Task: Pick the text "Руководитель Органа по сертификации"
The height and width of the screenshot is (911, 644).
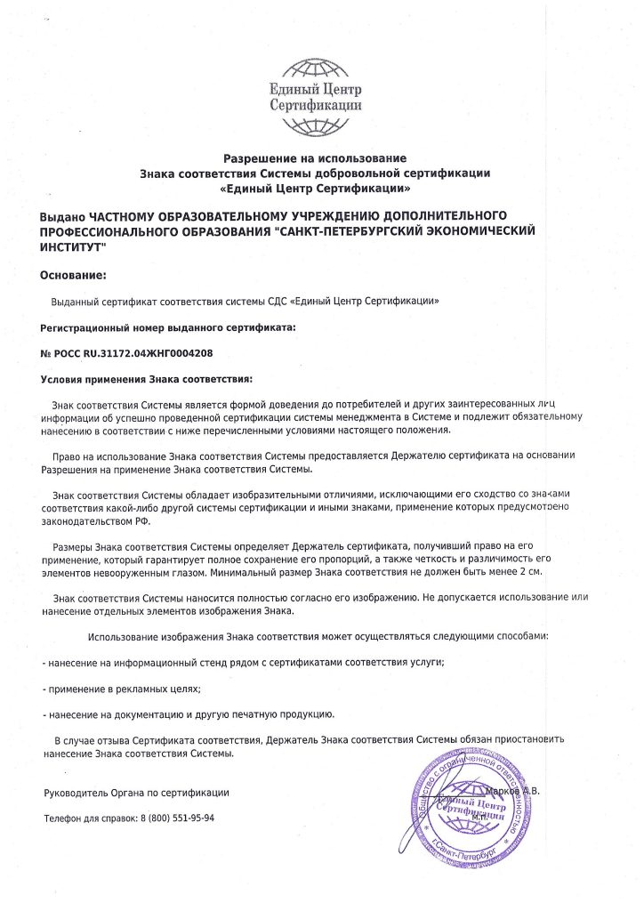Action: [x=136, y=792]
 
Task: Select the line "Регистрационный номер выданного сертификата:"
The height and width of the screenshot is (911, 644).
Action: [x=167, y=327]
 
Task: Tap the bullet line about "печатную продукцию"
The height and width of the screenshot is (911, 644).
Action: [x=188, y=713]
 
